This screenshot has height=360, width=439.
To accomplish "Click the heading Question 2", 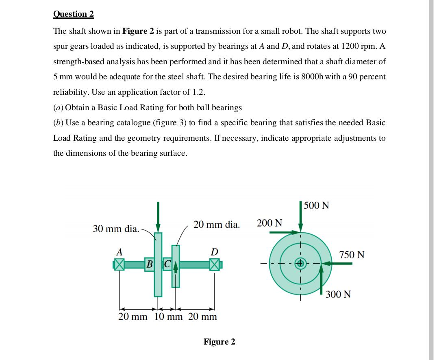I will pos(74,14).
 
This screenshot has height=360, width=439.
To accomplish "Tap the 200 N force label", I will pos(269,223).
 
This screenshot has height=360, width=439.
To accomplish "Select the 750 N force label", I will pos(352,255).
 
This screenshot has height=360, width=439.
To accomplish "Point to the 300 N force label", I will pos(338,294).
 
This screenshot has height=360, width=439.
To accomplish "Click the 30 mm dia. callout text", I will pos(116,228).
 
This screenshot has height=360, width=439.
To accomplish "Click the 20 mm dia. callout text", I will pos(216,225).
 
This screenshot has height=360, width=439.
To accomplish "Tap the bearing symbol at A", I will pos(119,265).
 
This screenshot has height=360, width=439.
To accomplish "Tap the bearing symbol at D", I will pos(214,265).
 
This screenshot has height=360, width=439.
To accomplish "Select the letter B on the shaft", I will pos(150,264).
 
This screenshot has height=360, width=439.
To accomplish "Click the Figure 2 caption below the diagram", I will pos(219,342).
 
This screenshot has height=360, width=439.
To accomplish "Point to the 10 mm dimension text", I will pos(169,316).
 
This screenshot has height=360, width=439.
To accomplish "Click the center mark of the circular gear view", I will pos(301,263).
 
